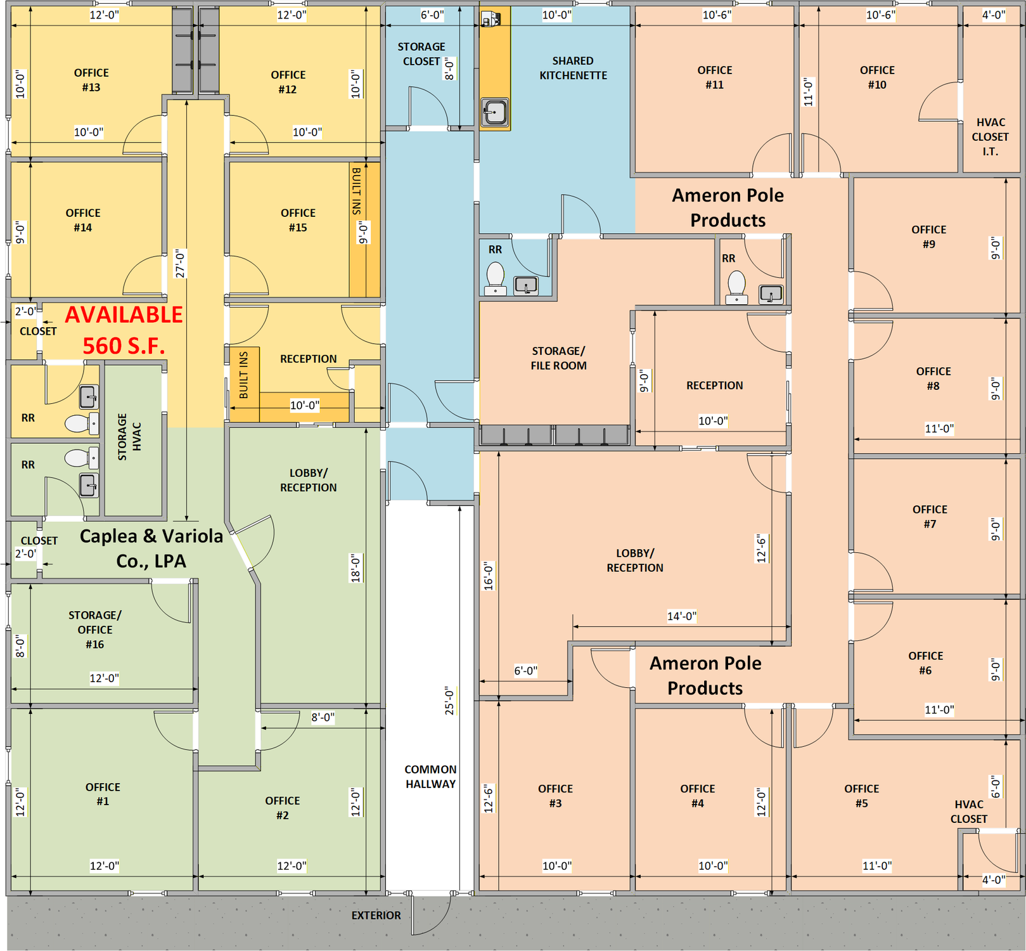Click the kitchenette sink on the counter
494,112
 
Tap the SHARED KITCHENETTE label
573,68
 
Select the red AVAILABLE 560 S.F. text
124,330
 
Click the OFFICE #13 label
91,80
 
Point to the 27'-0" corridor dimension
181,263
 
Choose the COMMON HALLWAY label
430,777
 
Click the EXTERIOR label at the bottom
376,915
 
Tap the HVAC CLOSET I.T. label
991,137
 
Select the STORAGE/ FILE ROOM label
558,358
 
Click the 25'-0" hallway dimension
450,701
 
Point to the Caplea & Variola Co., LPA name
151,548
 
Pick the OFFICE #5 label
861,796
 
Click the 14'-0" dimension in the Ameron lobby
681,616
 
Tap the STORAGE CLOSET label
421,54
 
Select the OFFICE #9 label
928,236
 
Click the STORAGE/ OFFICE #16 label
95,630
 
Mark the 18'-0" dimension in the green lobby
356,568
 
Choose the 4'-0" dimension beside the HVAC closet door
993,879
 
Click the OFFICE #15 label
298,220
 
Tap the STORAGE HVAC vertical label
129,437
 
